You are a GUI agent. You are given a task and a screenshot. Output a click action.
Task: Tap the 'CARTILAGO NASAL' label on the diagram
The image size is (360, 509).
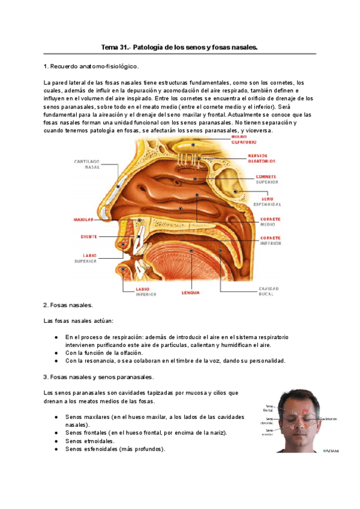pyautogui.click(x=86, y=164)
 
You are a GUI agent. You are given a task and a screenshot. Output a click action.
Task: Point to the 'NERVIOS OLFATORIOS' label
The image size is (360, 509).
pyautogui.click(x=262, y=158)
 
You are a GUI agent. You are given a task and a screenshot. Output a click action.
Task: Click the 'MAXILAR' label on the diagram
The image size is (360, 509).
pyautogui.click(x=83, y=220)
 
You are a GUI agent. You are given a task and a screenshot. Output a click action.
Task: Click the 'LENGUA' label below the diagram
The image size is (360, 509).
pyautogui.click(x=191, y=293)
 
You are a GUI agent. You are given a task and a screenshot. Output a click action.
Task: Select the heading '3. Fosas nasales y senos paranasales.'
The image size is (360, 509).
pyautogui.click(x=98, y=377)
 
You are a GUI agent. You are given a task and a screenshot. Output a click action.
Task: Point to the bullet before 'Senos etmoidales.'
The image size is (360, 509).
pyautogui.click(x=56, y=441)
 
